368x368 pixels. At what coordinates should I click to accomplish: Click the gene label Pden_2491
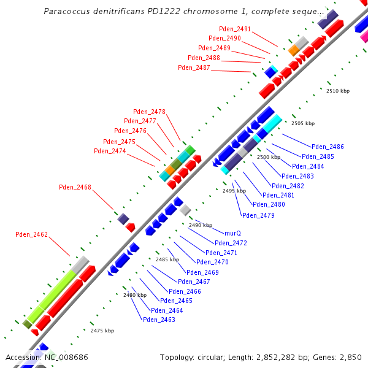pyautogui.click(x=235, y=29)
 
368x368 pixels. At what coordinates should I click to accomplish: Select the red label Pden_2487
pyautogui.click(x=194, y=67)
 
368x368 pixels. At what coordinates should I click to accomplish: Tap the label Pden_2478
pyautogui.click(x=149, y=112)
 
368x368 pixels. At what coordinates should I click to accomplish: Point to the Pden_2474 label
pyautogui.click(x=110, y=151)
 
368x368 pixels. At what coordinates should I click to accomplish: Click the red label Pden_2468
pyautogui.click(x=75, y=187)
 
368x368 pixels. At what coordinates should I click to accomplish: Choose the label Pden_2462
pyautogui.click(x=31, y=234)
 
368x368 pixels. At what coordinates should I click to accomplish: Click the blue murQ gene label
pyautogui.click(x=232, y=234)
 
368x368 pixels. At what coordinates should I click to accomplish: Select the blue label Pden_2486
pyautogui.click(x=328, y=147)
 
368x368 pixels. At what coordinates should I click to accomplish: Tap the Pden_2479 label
pyautogui.click(x=258, y=215)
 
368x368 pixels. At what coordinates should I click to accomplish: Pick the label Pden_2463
pyautogui.click(x=159, y=320)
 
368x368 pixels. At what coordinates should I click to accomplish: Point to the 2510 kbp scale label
pyautogui.click(x=337, y=91)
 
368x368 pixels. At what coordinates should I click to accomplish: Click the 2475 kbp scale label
pyautogui.click(x=102, y=331)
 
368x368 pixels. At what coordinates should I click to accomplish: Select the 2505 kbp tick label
pyautogui.click(x=302, y=123)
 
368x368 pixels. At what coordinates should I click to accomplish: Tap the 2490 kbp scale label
pyautogui.click(x=200, y=225)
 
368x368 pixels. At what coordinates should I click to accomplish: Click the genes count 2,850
pyautogui.click(x=350, y=357)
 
